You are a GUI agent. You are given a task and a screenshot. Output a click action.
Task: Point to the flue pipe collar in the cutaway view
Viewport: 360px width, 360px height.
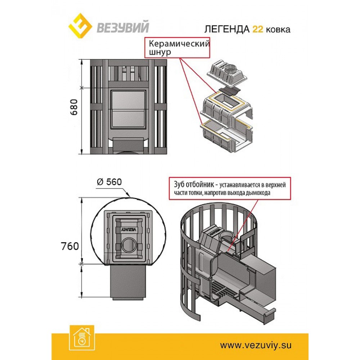point(227,236)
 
